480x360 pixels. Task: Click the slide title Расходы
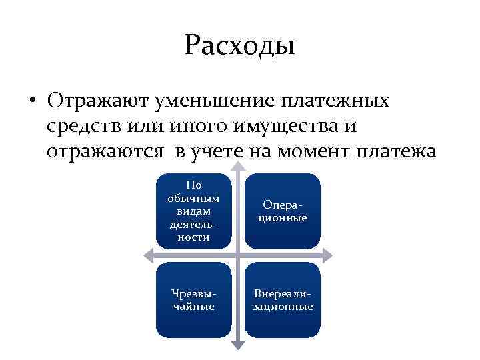coord(240,46)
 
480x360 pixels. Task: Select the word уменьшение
coord(210,101)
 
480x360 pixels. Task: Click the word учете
coord(217,151)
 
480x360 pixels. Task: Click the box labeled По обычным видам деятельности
coord(194,210)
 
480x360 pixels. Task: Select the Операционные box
coord(283,210)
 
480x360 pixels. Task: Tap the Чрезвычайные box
coord(194,299)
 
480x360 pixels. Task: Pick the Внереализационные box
coord(283,299)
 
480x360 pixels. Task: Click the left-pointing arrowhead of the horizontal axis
coord(149,255)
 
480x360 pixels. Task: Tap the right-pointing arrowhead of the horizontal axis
coord(328,255)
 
